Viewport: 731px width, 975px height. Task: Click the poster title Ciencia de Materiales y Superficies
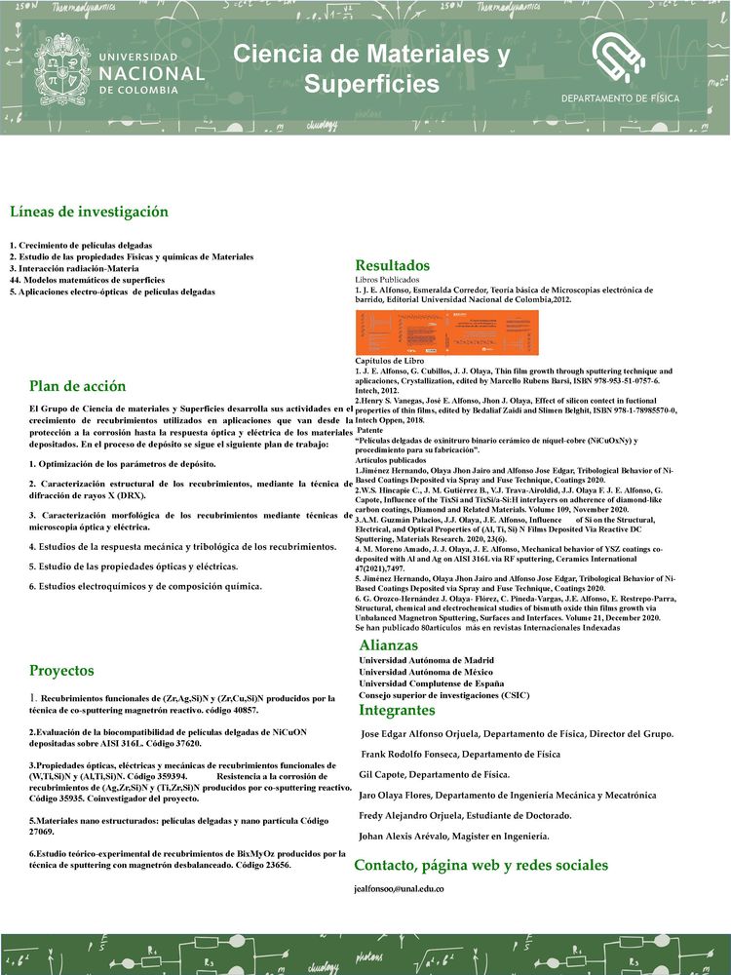tap(371, 69)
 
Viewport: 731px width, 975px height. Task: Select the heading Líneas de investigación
tap(89, 212)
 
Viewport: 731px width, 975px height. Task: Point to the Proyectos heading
tap(61, 670)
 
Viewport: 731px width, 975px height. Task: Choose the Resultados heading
tap(392, 265)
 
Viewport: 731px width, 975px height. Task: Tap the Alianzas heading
tap(388, 644)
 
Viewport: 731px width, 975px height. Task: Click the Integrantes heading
tap(397, 710)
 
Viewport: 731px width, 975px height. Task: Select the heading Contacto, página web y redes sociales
tap(481, 865)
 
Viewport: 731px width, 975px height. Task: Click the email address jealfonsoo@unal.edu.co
tap(399, 890)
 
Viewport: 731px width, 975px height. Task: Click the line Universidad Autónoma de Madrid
tap(426, 660)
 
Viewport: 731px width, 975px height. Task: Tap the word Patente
tap(371, 430)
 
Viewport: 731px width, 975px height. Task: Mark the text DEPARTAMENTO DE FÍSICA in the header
tap(621, 99)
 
